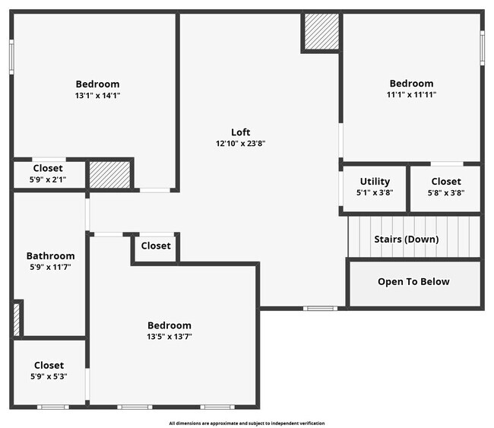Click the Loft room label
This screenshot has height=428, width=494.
pyautogui.click(x=241, y=132)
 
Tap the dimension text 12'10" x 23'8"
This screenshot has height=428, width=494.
pyautogui.click(x=241, y=143)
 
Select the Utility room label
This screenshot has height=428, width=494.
pyautogui.click(x=375, y=181)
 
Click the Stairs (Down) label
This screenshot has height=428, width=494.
pyautogui.click(x=406, y=239)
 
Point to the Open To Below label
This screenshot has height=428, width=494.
pyautogui.click(x=413, y=282)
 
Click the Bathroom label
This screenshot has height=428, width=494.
pyautogui.click(x=50, y=256)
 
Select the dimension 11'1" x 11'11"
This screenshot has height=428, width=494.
pyautogui.click(x=411, y=94)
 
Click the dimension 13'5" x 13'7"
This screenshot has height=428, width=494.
pyautogui.click(x=169, y=336)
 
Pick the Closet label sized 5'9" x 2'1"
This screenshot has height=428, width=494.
pyautogui.click(x=48, y=168)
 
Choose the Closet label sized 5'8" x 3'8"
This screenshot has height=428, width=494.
pyautogui.click(x=445, y=181)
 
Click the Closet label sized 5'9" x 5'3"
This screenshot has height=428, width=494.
pyautogui.click(x=49, y=366)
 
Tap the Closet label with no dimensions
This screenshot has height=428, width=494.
pyautogui.click(x=156, y=246)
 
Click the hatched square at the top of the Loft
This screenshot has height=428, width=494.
pyautogui.click(x=321, y=31)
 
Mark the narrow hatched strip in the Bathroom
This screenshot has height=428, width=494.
pyautogui.click(x=17, y=319)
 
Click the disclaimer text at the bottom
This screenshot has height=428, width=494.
pyautogui.click(x=247, y=423)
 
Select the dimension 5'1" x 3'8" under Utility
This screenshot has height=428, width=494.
pyautogui.click(x=375, y=192)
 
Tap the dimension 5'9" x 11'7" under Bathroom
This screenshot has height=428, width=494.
pyautogui.click(x=50, y=268)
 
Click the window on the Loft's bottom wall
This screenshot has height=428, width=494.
pyautogui.click(x=320, y=308)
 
